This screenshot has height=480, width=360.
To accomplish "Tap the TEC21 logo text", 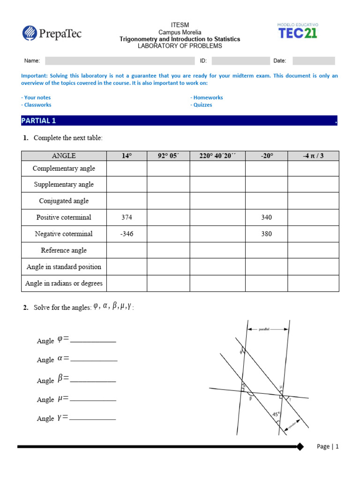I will click(x=298, y=33).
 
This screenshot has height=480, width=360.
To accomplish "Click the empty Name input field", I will click(x=120, y=61).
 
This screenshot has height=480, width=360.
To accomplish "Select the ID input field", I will click(x=240, y=61).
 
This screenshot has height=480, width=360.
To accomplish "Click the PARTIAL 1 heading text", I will click(x=38, y=121).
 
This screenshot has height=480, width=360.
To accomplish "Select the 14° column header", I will click(x=127, y=156).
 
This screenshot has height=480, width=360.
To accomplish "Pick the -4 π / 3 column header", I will click(x=313, y=156).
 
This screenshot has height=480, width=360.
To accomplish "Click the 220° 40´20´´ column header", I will click(x=217, y=156).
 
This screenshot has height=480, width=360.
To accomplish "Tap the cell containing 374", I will click(x=127, y=217).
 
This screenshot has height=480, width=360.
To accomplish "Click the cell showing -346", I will click(x=127, y=234).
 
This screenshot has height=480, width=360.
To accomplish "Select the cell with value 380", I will click(x=266, y=234).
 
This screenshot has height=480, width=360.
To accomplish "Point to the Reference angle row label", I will click(x=64, y=250).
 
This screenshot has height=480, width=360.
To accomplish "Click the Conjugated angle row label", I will click(x=64, y=201).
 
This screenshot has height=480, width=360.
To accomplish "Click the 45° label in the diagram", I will click(x=277, y=414).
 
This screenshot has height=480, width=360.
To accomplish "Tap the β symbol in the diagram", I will click(x=251, y=399).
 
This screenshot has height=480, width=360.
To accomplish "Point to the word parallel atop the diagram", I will click(x=265, y=330).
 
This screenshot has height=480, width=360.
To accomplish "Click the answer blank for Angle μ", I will click(x=92, y=399).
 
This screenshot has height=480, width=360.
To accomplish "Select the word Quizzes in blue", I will click(x=201, y=105).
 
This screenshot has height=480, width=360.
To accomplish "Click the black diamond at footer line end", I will click(x=300, y=447).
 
